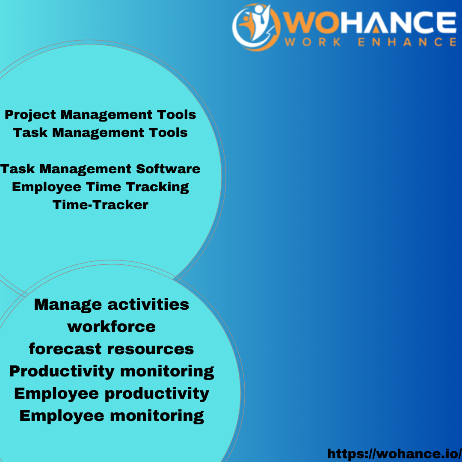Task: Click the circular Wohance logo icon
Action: (x=256, y=27)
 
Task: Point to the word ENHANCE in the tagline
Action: (x=406, y=42)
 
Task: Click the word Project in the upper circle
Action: (x=30, y=115)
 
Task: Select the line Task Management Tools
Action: (x=100, y=133)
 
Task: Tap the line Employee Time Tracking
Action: (x=100, y=187)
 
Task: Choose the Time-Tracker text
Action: (x=100, y=205)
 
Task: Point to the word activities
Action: (x=148, y=305)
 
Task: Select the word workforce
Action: (x=111, y=327)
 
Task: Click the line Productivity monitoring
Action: (x=111, y=371)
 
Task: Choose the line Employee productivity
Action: (x=111, y=394)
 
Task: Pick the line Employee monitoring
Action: (x=111, y=416)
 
